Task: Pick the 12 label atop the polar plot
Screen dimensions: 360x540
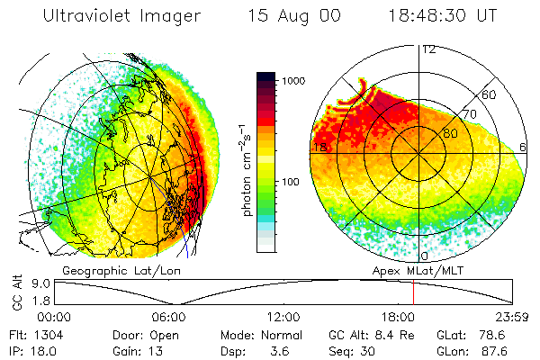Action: click(x=429, y=49)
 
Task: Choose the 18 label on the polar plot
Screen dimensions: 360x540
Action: click(x=319, y=148)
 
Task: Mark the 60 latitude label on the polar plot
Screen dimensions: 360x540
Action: click(x=490, y=94)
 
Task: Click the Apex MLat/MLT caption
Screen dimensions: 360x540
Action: click(x=412, y=270)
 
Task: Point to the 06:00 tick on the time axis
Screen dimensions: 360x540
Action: click(x=168, y=316)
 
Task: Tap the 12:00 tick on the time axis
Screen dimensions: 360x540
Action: click(x=283, y=316)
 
